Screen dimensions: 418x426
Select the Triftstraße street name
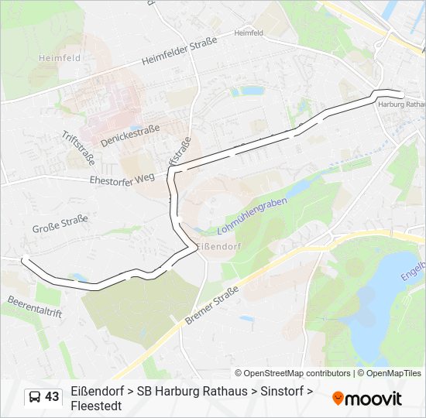pyautogui.click(x=77, y=147)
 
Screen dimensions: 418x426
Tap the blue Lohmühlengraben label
pyautogui.click(x=252, y=216)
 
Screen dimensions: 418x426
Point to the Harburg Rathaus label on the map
pyautogui.click(x=402, y=104)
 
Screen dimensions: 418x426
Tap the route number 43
pyautogui.click(x=52, y=397)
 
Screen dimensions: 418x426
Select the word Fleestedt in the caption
pyautogui.click(x=96, y=405)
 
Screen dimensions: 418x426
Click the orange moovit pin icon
pyautogui.click(x=338, y=399)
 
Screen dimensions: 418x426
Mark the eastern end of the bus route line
pyautogui.click(x=401, y=95)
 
